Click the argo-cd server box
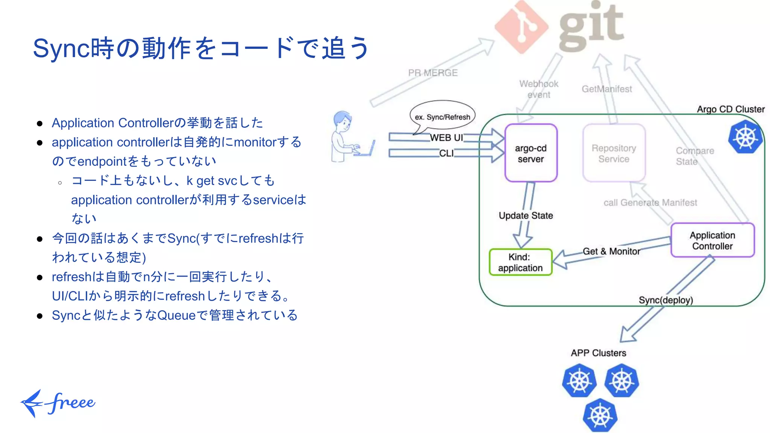click(x=531, y=153)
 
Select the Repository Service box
click(x=614, y=153)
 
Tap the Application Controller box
click(x=712, y=241)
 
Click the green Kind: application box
click(x=520, y=262)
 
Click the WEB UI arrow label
click(x=446, y=138)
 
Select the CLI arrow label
click(x=446, y=153)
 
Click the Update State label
click(x=526, y=215)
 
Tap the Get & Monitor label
click(x=611, y=251)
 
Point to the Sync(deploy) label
click(x=665, y=300)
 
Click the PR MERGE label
click(x=433, y=73)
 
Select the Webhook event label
click(x=538, y=89)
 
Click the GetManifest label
click(x=606, y=89)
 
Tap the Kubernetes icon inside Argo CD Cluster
click(x=745, y=137)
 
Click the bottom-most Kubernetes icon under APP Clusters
click(x=600, y=416)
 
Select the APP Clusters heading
click(x=598, y=353)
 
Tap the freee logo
click(x=58, y=403)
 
